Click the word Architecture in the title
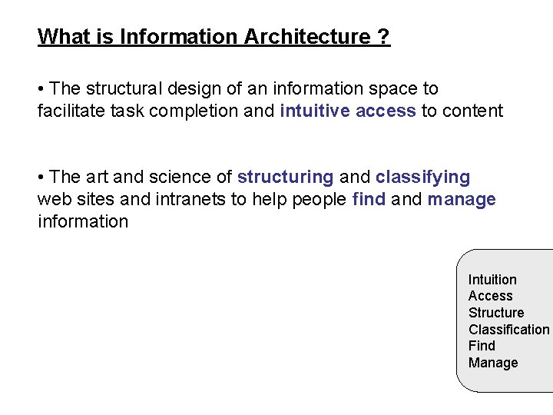pos(306,36)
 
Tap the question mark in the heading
pos(384,36)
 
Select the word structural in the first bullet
pos(122,89)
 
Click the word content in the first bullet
pos(472,111)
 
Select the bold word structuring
pos(285,178)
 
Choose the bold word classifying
pos(422,178)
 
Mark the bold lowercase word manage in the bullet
pos(462,200)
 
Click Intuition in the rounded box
pos(492,280)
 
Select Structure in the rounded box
pos(496,313)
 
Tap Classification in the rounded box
pos(509,330)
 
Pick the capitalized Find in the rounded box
pos(482,346)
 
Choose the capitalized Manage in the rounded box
pos(493,363)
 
